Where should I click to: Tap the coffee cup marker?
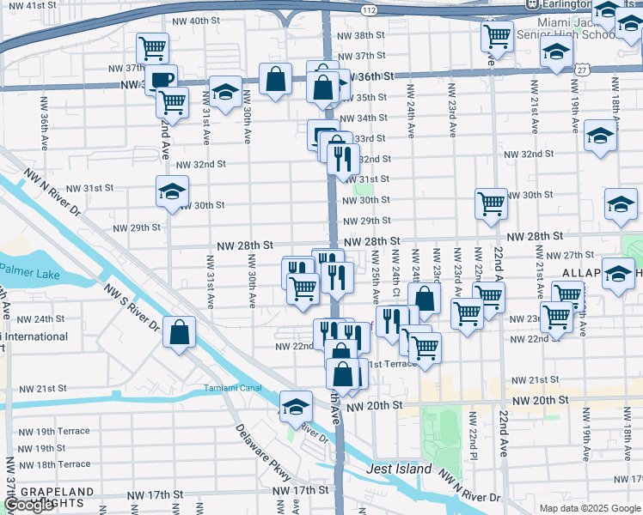click(x=160, y=80)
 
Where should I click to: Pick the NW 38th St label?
click(x=361, y=35)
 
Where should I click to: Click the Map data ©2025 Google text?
click(x=588, y=508)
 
